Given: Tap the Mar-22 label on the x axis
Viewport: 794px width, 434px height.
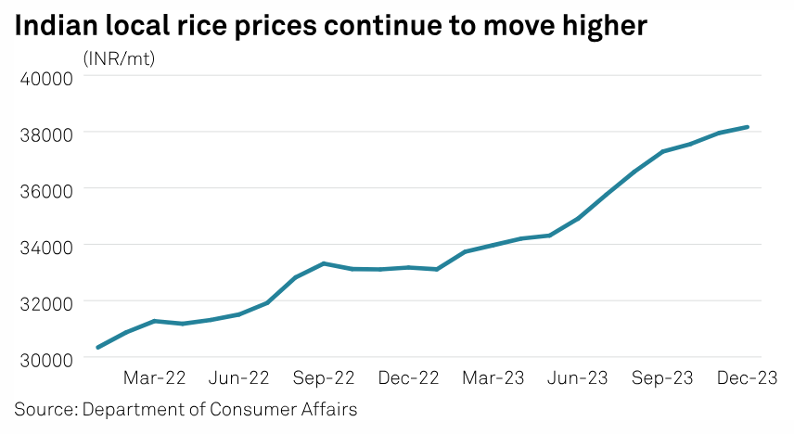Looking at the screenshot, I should click(x=155, y=378).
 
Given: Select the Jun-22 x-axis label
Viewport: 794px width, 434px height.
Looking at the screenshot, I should click(x=239, y=378).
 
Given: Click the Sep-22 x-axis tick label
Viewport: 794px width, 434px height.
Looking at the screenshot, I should click(x=325, y=378).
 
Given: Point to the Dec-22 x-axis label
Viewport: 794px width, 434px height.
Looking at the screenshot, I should click(x=409, y=378).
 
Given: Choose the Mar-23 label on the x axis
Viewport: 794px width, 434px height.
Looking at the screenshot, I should click(x=493, y=378).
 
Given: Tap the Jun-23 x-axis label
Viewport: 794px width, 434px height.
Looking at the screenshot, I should click(x=578, y=378).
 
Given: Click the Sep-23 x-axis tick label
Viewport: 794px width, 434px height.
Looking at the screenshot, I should click(x=662, y=378).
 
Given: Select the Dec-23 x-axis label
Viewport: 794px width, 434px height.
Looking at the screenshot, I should click(x=747, y=378).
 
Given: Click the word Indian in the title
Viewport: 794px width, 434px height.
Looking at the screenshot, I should click(x=57, y=25).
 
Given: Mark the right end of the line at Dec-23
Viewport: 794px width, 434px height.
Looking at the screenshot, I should click(x=748, y=127).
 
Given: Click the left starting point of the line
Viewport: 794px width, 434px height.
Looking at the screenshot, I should click(x=97, y=348).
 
